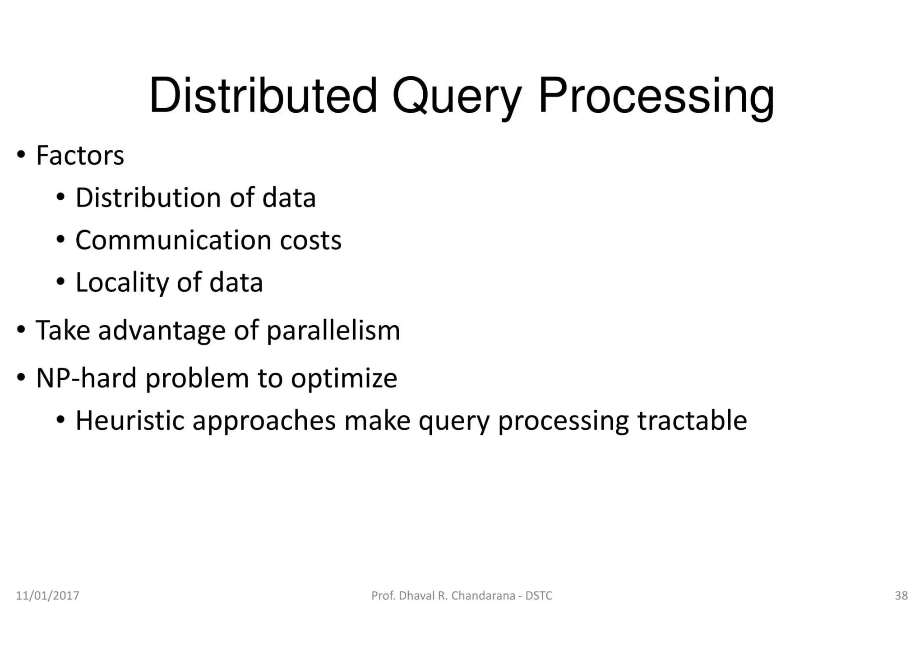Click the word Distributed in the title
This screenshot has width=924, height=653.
(263, 96)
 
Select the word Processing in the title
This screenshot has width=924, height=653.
(656, 97)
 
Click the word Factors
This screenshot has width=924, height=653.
(80, 156)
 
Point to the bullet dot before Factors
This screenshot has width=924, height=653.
(21, 155)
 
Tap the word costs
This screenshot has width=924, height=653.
(310, 240)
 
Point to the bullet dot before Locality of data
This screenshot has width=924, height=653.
(60, 282)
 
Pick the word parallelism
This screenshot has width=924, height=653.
(333, 331)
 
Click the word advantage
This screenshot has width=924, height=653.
(162, 331)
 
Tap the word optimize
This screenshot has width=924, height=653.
(344, 378)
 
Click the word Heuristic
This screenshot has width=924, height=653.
(130, 421)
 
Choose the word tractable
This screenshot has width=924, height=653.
(692, 421)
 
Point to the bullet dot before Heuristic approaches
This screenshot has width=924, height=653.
(60, 420)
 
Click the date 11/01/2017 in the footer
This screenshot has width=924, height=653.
(47, 596)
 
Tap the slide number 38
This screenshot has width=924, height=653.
(901, 596)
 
